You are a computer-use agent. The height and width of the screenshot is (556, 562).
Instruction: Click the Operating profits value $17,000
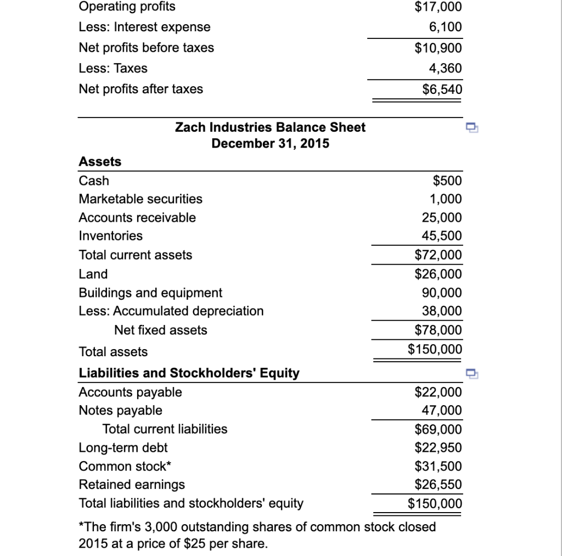(x=438, y=7)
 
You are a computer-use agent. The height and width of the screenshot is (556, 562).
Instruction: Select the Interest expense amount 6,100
(x=445, y=27)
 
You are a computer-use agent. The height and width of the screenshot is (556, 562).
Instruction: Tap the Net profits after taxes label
(x=140, y=89)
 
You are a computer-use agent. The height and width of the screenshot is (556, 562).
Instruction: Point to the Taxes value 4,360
(x=445, y=69)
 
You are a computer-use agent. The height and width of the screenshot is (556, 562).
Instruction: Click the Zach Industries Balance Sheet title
(x=270, y=127)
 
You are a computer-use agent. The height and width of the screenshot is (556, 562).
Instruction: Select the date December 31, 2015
(x=270, y=144)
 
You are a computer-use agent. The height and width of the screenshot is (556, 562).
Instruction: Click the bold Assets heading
(x=100, y=161)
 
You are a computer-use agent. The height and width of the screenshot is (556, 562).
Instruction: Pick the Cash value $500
(x=447, y=181)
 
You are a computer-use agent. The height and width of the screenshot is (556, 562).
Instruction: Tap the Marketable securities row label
(x=140, y=199)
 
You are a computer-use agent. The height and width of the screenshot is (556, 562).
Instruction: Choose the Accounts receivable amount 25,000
(x=442, y=217)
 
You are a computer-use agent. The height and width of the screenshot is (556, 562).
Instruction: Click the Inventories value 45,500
(x=442, y=236)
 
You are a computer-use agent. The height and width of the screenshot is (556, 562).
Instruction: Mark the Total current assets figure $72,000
(x=438, y=255)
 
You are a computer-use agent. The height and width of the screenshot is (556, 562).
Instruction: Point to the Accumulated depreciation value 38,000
(x=442, y=311)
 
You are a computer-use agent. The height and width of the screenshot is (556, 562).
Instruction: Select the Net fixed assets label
(x=160, y=330)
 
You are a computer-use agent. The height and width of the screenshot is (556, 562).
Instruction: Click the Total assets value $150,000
(x=435, y=349)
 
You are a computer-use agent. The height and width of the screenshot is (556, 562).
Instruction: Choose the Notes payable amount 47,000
(x=442, y=411)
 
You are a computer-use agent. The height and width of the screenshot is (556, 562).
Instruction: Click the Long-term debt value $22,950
(x=438, y=448)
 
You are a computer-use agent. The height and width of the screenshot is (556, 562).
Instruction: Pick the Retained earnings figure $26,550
(x=438, y=485)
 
